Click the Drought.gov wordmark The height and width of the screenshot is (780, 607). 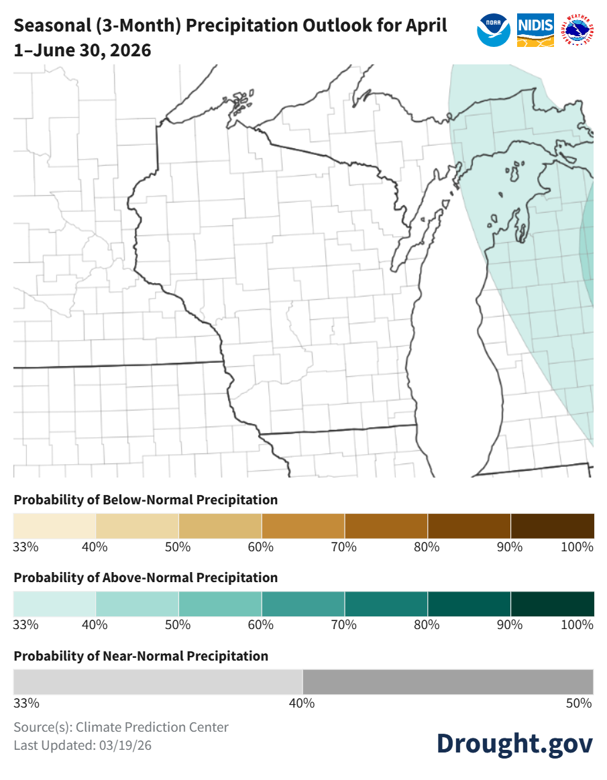point(514,742)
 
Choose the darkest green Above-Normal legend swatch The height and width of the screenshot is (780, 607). point(552,604)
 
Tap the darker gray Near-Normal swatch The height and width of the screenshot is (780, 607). point(448,682)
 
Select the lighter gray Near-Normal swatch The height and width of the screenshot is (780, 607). point(158,682)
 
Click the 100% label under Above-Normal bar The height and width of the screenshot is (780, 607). point(577,625)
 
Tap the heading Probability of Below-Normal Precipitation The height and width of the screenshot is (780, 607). point(146,500)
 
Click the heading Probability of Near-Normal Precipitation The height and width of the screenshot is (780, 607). point(141,656)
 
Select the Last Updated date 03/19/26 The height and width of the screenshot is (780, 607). point(127,745)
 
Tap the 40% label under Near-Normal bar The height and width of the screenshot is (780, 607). point(302,704)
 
